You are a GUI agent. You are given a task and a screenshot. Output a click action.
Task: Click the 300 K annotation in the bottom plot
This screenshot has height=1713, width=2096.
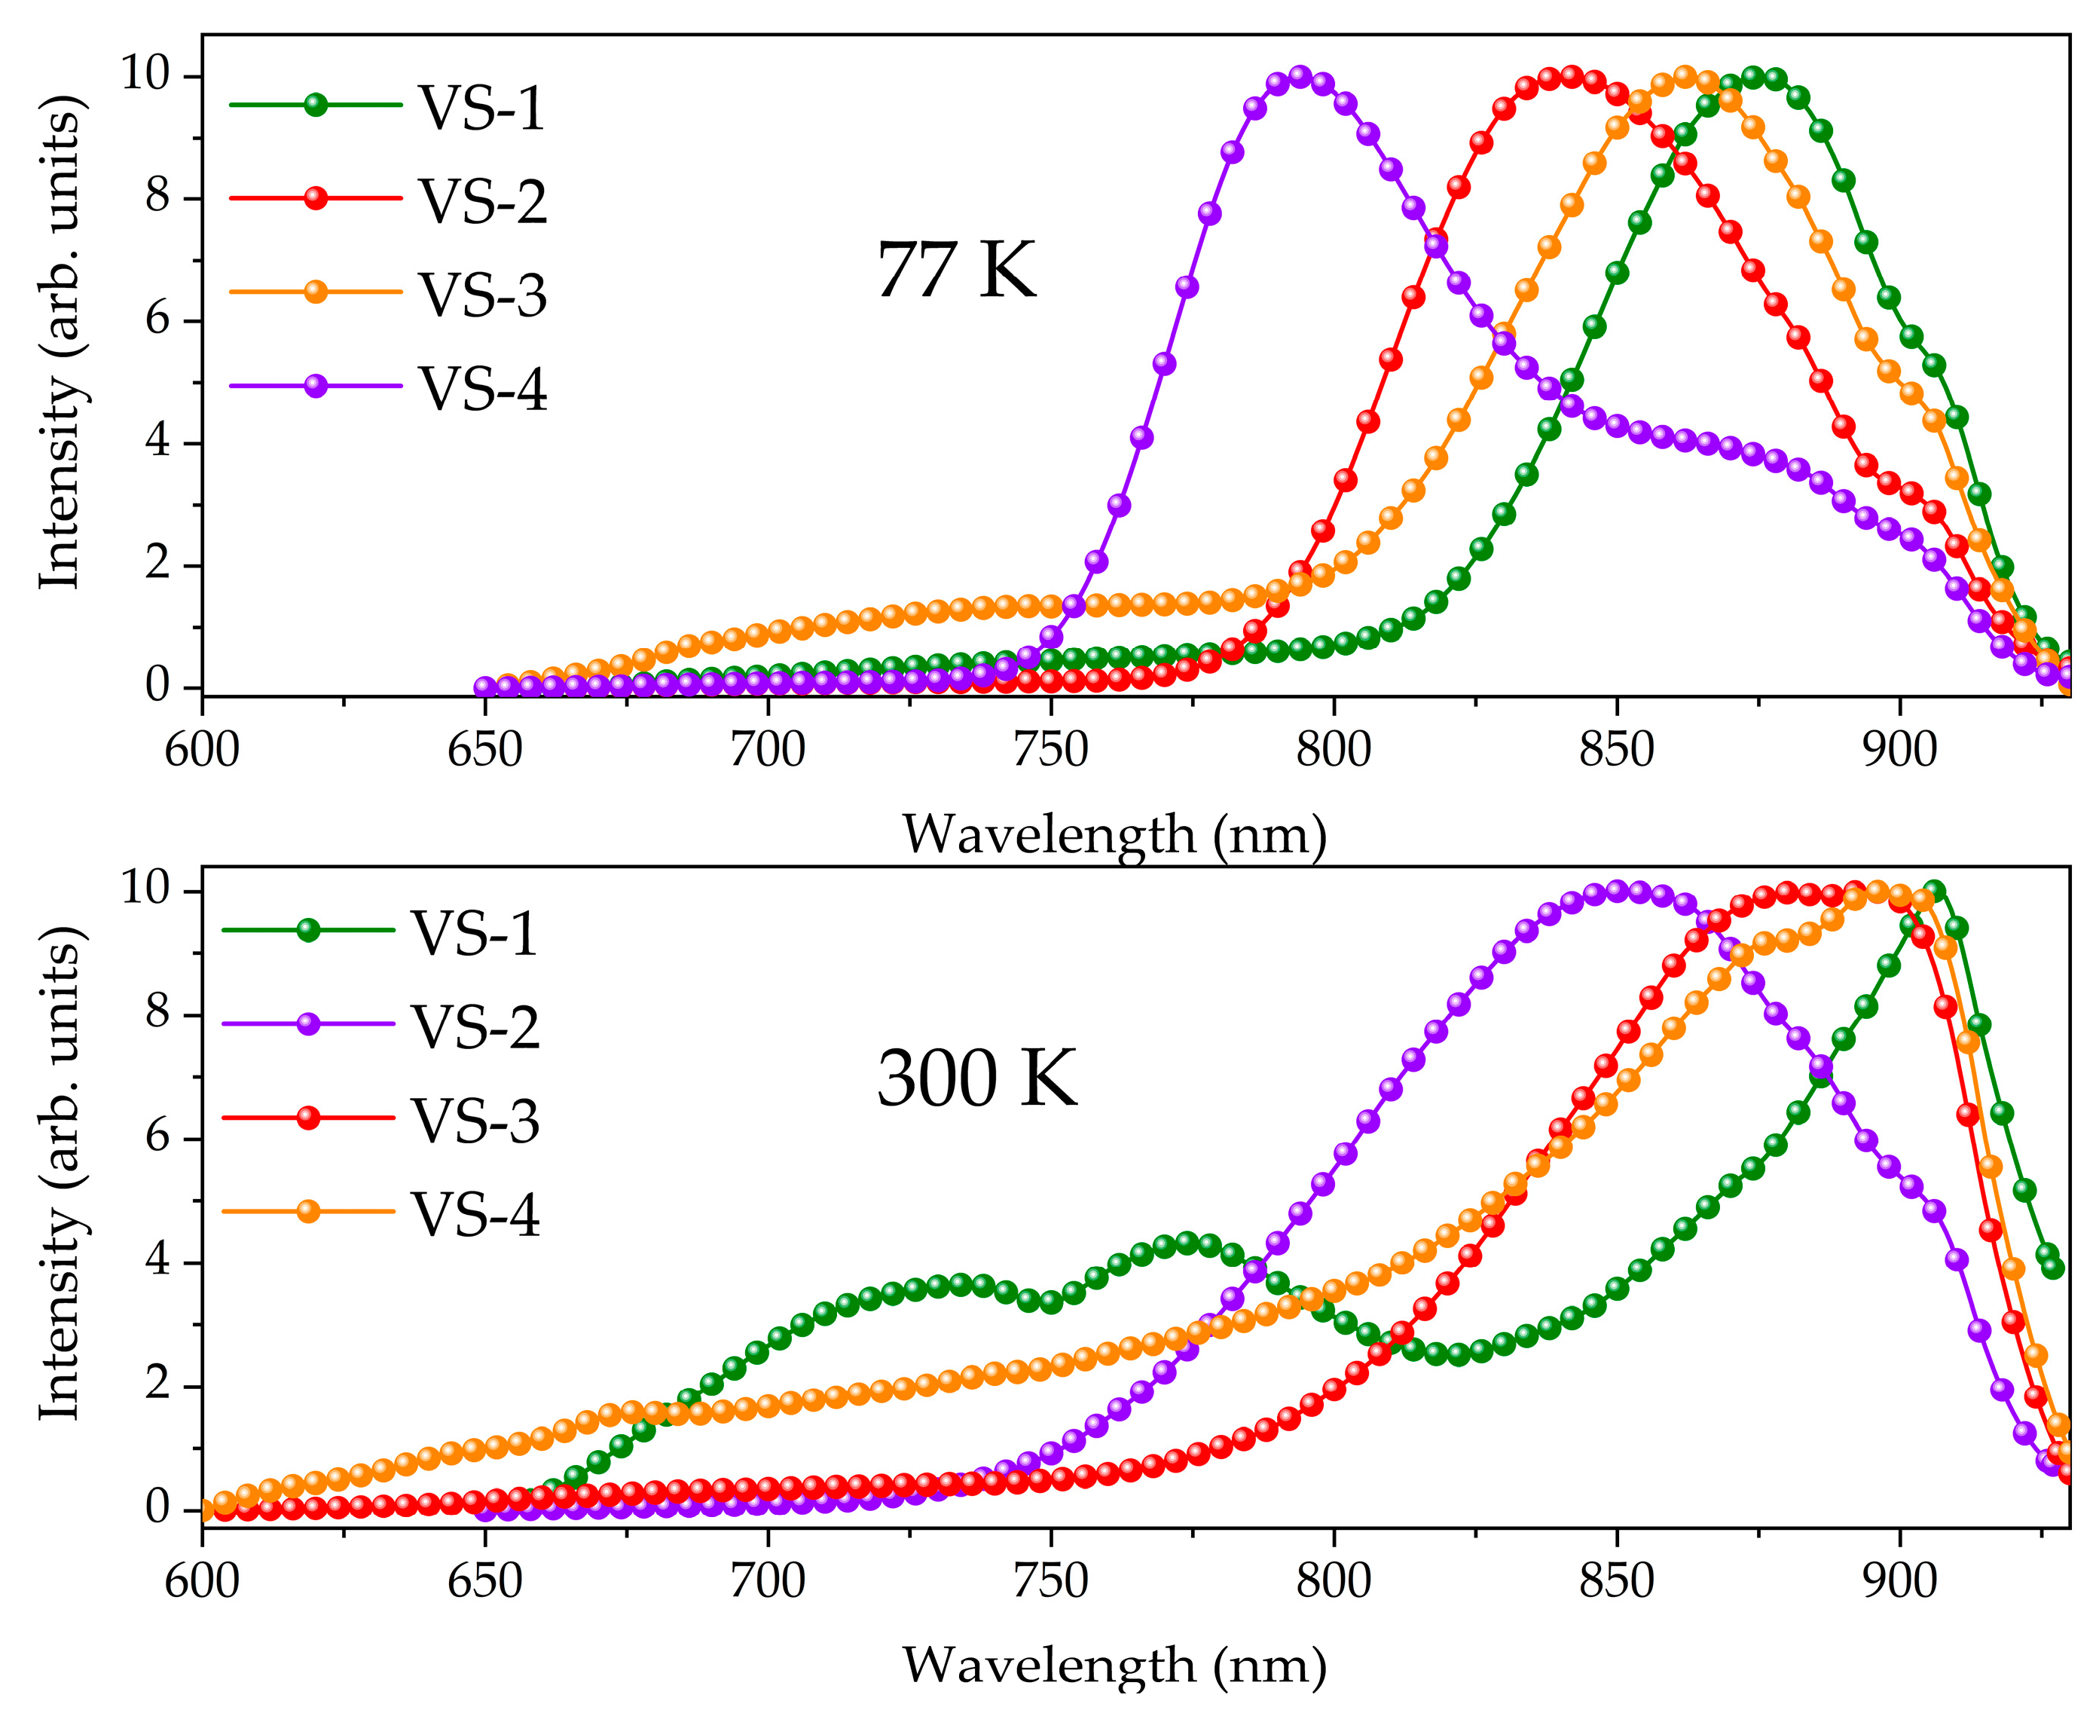click(x=976, y=1078)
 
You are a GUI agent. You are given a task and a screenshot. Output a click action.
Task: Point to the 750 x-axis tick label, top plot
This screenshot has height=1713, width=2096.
click(x=1050, y=750)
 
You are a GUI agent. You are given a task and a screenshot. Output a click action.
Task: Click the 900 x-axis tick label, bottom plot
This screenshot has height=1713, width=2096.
click(x=1899, y=1581)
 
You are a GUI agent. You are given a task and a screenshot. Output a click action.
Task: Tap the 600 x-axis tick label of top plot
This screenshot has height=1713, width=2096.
click(x=202, y=750)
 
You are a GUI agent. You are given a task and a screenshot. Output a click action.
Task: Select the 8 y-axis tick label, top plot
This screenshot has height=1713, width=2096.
click(x=157, y=197)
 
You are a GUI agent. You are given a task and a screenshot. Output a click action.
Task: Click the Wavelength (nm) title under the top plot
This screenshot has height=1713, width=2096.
click(x=1114, y=835)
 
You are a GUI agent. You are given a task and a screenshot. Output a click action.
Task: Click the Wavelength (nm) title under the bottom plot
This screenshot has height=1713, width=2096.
click(x=1114, y=1665)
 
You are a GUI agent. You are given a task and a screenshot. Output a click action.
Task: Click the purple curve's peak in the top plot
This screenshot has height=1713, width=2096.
click(x=1300, y=77)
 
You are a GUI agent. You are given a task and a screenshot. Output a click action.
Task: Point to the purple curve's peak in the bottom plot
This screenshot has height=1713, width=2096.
click(x=1617, y=891)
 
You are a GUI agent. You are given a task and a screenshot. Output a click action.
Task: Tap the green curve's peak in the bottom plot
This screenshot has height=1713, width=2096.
click(x=1934, y=891)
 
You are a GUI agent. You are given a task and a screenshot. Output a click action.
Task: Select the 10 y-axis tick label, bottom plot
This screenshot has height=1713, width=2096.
click(x=148, y=889)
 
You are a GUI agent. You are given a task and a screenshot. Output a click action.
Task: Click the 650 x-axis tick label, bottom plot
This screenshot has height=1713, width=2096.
click(x=484, y=1581)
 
